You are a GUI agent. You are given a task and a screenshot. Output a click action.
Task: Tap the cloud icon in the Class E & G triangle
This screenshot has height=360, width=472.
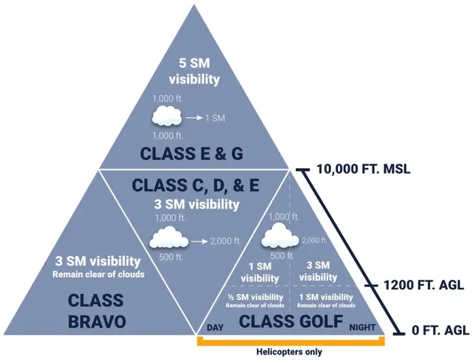click(166, 117)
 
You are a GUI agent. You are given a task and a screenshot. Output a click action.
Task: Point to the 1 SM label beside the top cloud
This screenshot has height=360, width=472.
click(216, 118)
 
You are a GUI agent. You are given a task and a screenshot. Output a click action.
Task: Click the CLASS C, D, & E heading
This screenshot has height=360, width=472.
click(196, 185)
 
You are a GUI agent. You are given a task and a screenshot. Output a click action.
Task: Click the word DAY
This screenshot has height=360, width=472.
click(216, 328)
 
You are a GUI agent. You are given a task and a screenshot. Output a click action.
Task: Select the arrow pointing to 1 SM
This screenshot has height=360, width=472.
click(194, 118)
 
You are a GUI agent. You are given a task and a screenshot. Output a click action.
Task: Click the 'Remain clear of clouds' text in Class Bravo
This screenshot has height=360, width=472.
click(99, 274)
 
